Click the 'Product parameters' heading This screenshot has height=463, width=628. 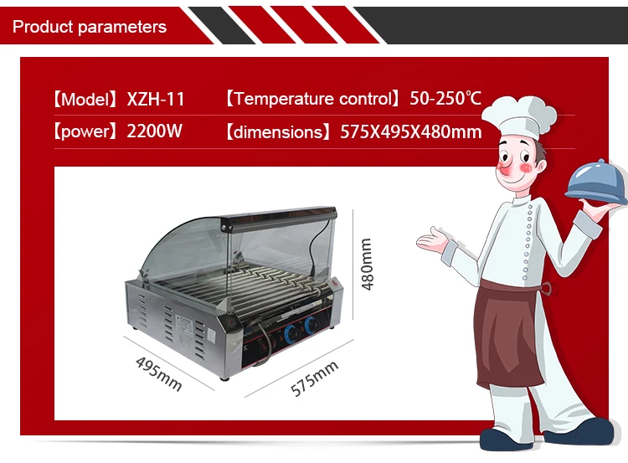90,27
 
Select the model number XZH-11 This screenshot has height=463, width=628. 156,99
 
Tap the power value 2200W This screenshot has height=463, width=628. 155,131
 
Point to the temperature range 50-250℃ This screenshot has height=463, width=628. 445,99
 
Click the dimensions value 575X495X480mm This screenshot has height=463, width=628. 411,131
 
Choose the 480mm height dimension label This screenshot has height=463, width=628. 367,264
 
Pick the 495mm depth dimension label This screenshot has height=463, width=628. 158,373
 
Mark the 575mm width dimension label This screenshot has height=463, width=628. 314,378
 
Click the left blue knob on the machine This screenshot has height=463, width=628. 290,332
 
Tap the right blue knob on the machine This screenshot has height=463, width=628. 310,326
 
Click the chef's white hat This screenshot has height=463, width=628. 519,116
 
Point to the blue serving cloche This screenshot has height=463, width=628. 595,183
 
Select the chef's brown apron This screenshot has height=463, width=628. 506,334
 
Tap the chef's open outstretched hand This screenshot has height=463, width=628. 432,241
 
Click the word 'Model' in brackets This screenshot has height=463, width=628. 85,99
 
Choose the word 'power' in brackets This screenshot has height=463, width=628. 85,131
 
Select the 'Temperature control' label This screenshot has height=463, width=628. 312,99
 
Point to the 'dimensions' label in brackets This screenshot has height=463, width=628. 277,132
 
